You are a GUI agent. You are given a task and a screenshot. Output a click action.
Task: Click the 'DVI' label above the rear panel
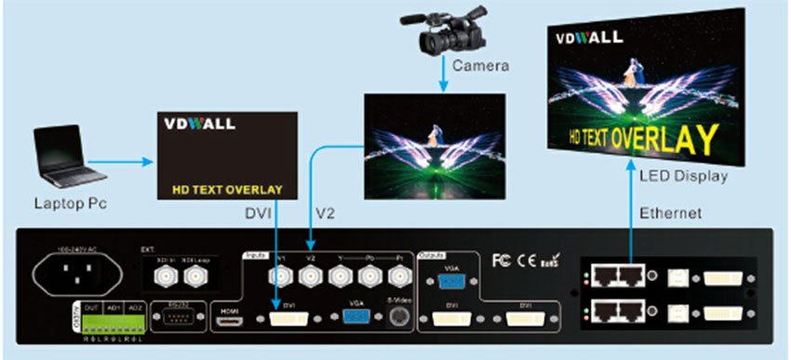[x=259, y=213]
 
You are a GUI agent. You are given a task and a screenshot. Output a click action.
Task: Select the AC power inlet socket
[x=79, y=275]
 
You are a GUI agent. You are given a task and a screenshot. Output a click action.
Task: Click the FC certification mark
[x=501, y=260]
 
